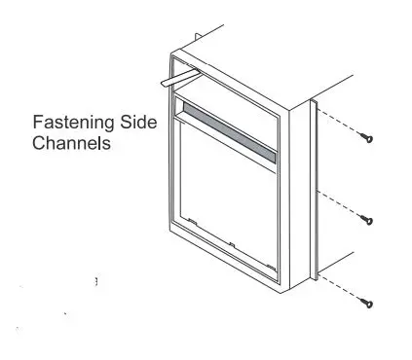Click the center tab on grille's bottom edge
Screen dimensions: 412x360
tap(233, 242)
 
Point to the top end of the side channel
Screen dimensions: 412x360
tap(314, 100)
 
